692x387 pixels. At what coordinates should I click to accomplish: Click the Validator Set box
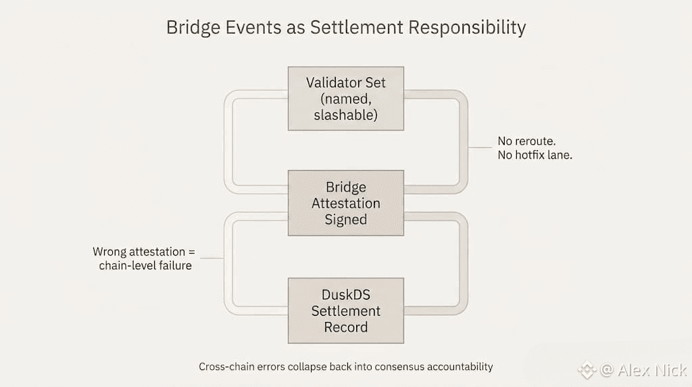345,98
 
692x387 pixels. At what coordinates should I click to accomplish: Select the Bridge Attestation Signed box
345,203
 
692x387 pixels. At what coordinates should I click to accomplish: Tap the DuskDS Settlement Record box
345,311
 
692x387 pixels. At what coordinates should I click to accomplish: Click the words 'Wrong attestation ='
144,252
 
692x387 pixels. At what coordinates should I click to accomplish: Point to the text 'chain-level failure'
145,265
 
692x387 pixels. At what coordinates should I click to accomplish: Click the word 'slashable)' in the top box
345,114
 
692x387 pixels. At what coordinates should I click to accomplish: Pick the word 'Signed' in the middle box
345,219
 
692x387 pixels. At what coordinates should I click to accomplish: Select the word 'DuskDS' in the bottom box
345,295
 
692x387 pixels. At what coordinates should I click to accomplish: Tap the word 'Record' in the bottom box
345,327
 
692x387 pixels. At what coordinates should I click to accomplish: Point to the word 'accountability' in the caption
460,367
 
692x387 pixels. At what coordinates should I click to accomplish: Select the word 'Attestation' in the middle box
345,203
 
